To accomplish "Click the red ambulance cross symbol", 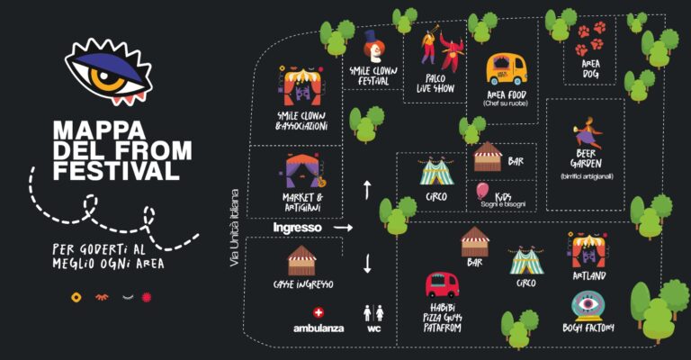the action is pos(319,313).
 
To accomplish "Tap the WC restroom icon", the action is pos(373,313).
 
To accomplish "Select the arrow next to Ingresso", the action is pos(343,228).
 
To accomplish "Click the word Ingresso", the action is pos(298,228).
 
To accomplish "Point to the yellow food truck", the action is pos(507,69).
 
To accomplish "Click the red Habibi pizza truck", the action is pos(442,284).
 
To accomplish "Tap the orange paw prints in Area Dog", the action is pos(590,39).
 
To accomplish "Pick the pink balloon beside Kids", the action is pos(482,192).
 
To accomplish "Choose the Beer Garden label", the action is pos(586,158).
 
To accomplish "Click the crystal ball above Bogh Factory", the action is pos(588,306).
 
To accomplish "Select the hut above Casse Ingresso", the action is pos(302,260).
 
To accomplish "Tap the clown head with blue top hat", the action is pos(374,46).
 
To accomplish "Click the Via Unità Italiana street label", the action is pos(235,228).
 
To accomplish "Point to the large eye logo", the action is pos(108,72).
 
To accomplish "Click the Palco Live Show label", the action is pos(435,84).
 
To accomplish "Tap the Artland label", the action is pos(589,276).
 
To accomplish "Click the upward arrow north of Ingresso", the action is pos(367,190).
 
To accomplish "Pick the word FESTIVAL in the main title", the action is pos(116,170).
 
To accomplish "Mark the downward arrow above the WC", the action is pos(367,264).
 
